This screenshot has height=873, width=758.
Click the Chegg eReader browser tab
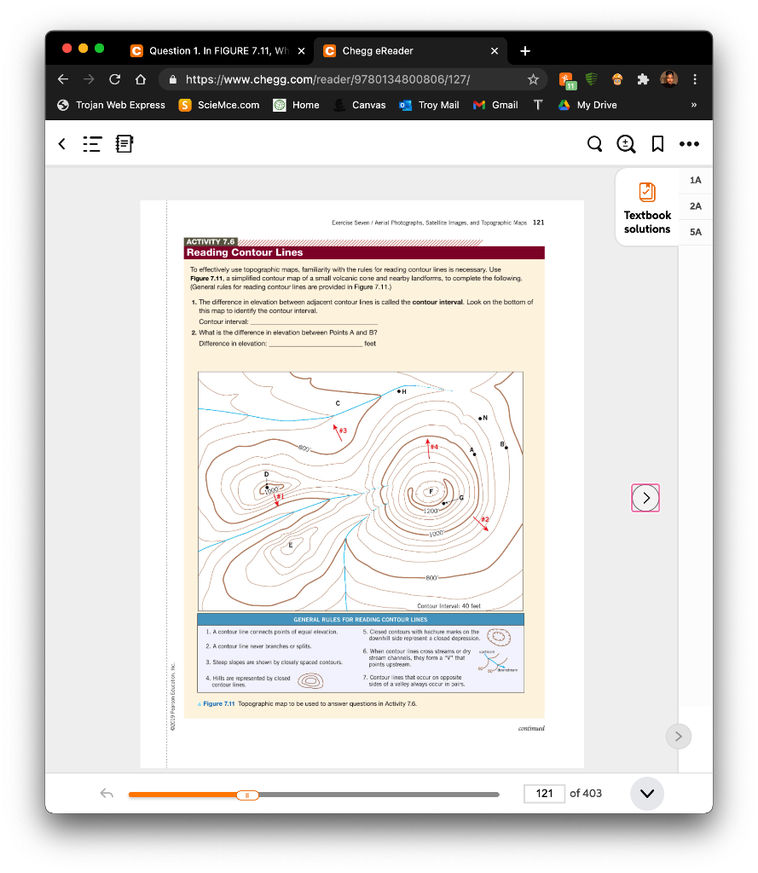(378, 51)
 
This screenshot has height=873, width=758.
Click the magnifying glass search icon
(595, 145)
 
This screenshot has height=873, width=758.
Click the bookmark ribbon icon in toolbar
(657, 145)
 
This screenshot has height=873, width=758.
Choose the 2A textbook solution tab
(696, 205)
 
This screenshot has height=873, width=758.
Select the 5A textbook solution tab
(696, 231)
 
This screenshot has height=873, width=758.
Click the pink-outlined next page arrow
(645, 497)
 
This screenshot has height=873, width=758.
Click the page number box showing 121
(545, 794)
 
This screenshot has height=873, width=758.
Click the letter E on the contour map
(290, 544)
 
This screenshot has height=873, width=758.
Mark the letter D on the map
(266, 473)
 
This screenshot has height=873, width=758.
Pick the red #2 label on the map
(485, 518)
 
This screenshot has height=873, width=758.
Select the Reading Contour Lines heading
(245, 252)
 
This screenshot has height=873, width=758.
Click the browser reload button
(114, 79)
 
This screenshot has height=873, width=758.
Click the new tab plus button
(524, 51)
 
